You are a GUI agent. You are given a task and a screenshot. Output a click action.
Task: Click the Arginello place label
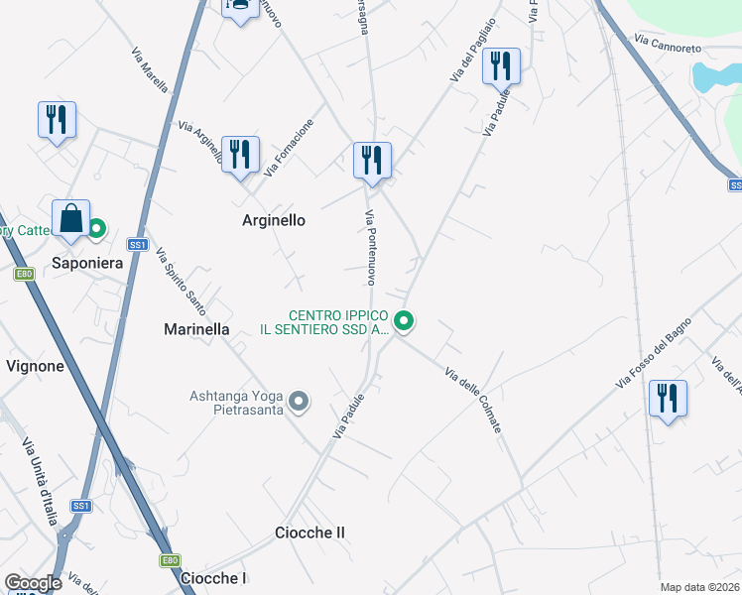[x=274, y=220]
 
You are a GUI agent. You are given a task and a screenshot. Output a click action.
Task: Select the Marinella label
[x=196, y=329]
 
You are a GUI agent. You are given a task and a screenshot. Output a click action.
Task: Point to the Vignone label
[x=35, y=366]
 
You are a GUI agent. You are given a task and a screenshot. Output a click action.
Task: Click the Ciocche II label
[x=309, y=533]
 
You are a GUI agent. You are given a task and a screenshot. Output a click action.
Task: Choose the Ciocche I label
[x=213, y=578]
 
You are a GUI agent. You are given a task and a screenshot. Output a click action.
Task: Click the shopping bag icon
[x=71, y=220]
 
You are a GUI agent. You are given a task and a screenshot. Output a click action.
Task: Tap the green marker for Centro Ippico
[x=404, y=320]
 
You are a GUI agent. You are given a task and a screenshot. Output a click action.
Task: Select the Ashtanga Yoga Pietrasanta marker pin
[x=299, y=402]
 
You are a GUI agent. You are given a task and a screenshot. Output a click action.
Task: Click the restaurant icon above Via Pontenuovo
[x=372, y=161]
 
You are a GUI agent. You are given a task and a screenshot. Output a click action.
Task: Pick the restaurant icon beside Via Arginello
[x=240, y=155]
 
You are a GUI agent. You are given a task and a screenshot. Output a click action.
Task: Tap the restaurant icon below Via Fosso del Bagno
[x=668, y=399]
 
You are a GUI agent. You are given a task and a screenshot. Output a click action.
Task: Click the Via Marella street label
[x=150, y=69]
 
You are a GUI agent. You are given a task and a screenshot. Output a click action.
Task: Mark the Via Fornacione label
[x=290, y=148]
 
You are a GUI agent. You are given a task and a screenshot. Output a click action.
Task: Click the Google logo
[x=33, y=583]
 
